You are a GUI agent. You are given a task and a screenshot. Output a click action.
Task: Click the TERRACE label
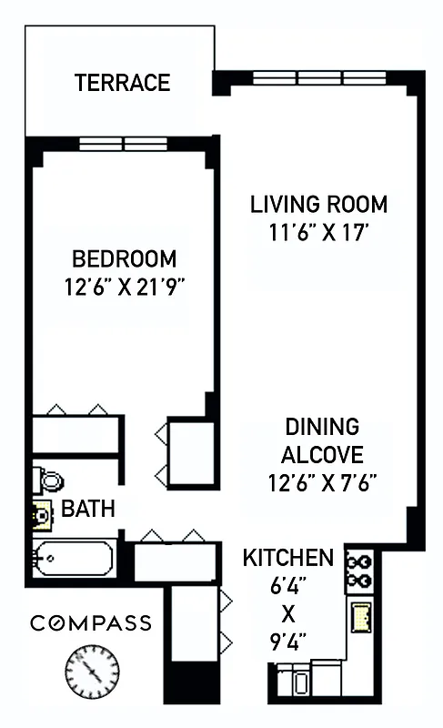pos(122,83)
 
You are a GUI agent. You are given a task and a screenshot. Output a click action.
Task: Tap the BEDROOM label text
pos(124,258)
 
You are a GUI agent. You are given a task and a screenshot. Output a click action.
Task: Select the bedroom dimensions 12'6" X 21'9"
pos(125,288)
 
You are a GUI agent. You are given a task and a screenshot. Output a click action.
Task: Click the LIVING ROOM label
pos(318,204)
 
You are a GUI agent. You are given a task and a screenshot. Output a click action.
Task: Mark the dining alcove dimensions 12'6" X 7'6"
pos(322,481)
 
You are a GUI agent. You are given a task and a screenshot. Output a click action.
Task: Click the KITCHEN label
pos(287,557)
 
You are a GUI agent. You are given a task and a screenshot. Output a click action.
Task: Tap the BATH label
pos(87,509)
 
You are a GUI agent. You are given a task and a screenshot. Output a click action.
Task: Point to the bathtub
pos(73,557)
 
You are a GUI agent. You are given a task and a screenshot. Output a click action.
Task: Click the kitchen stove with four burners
pos(359,571)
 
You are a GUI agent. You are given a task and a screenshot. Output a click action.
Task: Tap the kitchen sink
pos(361,617)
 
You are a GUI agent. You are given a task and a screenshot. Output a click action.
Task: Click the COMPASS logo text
pos(90,623)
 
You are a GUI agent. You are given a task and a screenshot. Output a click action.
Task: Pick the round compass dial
pos(92,672)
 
